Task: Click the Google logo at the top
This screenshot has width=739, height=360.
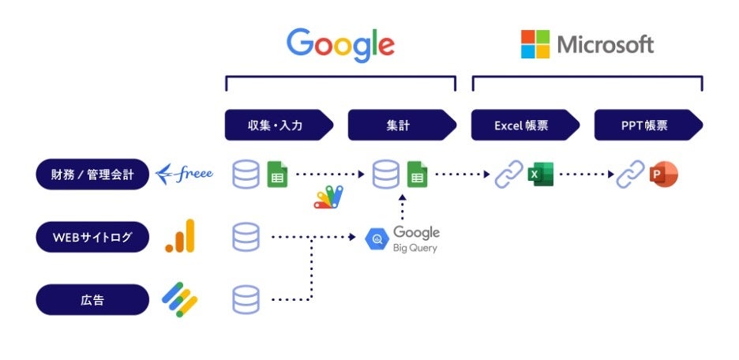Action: pos(340,44)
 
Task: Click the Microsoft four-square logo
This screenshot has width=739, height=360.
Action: pos(535,44)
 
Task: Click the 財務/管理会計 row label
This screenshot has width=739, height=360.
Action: pos(92,174)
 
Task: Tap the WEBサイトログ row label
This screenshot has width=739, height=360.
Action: pos(92,237)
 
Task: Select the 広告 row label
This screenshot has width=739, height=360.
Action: pos(92,299)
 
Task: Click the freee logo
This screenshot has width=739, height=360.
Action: pos(184,174)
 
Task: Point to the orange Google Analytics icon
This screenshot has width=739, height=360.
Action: pos(180,236)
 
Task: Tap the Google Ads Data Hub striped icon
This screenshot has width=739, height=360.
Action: pos(180,298)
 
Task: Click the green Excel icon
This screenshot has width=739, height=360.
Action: pos(541,174)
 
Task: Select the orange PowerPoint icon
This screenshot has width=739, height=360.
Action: pos(664,174)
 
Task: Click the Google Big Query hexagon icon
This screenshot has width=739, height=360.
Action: pos(377,238)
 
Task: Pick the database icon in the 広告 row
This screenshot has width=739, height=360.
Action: pos(246,299)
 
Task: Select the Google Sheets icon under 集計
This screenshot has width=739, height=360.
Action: pos(417,174)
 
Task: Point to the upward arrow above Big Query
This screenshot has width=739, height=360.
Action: pos(402,208)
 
